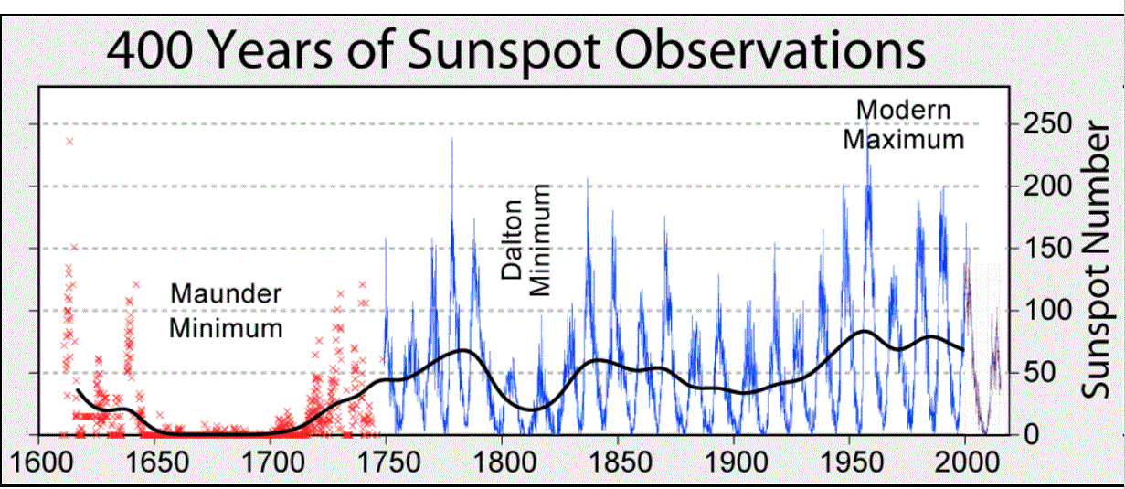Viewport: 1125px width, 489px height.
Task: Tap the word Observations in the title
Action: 773,53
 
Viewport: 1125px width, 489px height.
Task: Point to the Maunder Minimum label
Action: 226,311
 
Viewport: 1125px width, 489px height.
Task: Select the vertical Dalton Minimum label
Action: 526,239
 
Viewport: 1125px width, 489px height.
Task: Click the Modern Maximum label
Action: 903,125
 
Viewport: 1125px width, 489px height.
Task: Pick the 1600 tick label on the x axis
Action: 38,456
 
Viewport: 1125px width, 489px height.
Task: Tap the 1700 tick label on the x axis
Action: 271,456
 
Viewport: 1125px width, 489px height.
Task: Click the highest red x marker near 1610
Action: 69,141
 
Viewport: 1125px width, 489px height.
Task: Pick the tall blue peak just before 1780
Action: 451,140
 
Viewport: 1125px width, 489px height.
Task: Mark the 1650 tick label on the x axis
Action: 154,456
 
